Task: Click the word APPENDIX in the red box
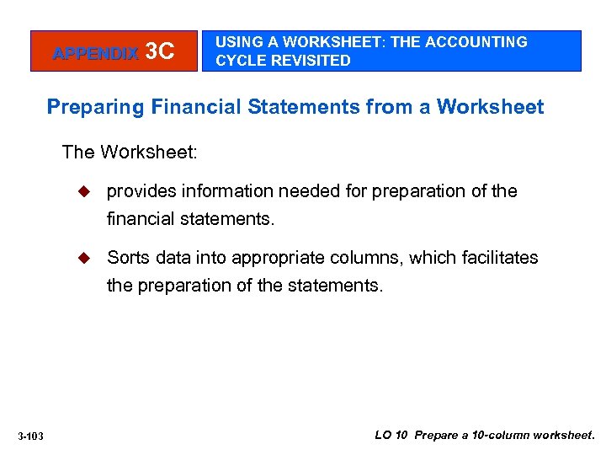coord(95,53)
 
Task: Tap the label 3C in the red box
coord(160,52)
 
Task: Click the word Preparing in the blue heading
coord(92,108)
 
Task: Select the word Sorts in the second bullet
coord(126,258)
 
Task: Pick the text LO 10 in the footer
coord(392,436)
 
